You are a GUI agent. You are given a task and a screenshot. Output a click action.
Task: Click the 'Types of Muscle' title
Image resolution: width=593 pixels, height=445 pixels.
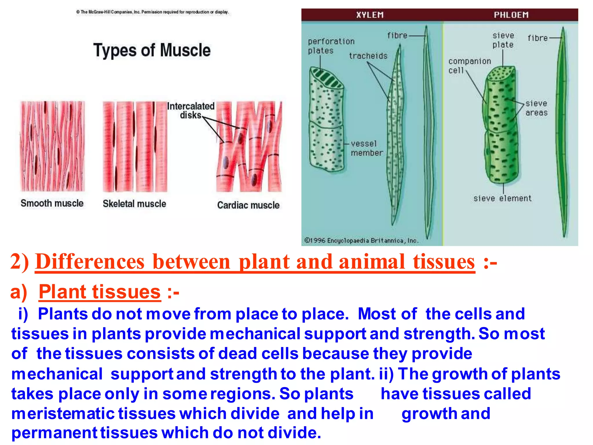coord(152,50)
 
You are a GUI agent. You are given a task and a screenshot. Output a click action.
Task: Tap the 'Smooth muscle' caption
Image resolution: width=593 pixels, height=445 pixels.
coord(52,203)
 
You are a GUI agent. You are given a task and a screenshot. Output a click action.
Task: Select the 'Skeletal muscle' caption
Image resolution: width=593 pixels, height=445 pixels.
coord(134,204)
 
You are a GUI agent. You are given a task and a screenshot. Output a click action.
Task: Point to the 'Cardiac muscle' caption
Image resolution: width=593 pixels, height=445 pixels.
coord(248,205)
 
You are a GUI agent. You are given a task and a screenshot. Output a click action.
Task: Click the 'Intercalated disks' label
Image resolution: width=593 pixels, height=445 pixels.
coord(191,110)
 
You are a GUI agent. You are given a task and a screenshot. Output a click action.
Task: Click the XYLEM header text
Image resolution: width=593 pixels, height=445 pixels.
coord(370,15)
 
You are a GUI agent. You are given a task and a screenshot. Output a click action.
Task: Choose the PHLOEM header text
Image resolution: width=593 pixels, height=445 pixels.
coord(511,15)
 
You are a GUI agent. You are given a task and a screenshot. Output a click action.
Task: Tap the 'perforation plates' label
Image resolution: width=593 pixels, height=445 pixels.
coord(331,46)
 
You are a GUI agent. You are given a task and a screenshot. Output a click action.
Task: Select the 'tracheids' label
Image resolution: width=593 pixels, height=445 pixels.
coord(368,56)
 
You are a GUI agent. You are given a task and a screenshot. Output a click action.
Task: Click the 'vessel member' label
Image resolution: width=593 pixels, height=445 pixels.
coord(367,148)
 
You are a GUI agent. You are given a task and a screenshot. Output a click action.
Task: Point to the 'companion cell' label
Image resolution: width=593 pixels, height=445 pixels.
coord(469,66)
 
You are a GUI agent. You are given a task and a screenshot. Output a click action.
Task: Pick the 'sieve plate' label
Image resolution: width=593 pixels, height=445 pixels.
coord(503,40)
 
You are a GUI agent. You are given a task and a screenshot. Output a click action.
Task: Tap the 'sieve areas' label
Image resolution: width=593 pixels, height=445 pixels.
coord(536,108)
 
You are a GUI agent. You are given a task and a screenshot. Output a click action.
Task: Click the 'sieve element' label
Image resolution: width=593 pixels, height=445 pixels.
coord(502,198)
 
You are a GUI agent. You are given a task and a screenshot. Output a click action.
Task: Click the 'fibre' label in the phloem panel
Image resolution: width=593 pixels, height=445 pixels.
coord(537,38)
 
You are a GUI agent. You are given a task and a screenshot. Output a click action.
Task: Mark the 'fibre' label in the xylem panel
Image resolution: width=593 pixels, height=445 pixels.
coord(397,36)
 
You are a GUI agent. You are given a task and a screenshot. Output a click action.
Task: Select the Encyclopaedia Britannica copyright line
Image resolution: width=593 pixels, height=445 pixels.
coord(361,240)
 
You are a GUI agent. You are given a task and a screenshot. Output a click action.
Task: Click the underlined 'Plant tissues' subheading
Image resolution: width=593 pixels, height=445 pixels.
coord(100,292)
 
